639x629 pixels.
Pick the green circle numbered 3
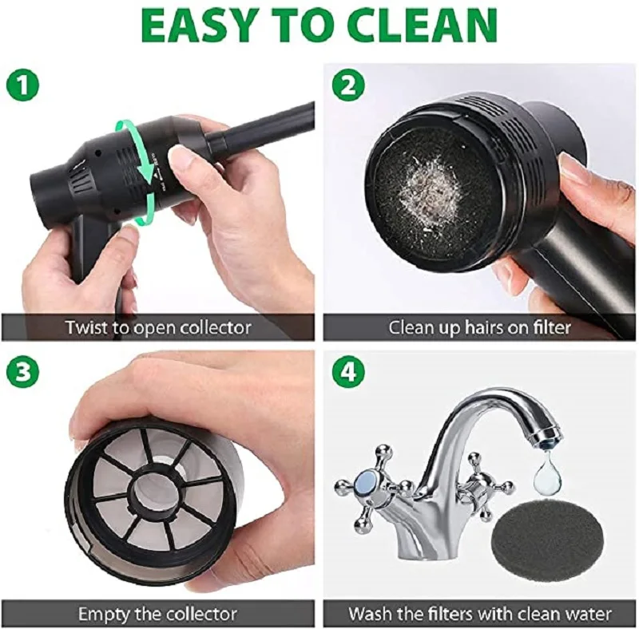(23, 372)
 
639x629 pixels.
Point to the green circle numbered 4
(349, 372)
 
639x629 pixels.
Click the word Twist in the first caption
(86, 327)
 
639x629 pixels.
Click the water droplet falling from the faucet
(546, 473)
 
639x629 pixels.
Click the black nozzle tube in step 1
(261, 127)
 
